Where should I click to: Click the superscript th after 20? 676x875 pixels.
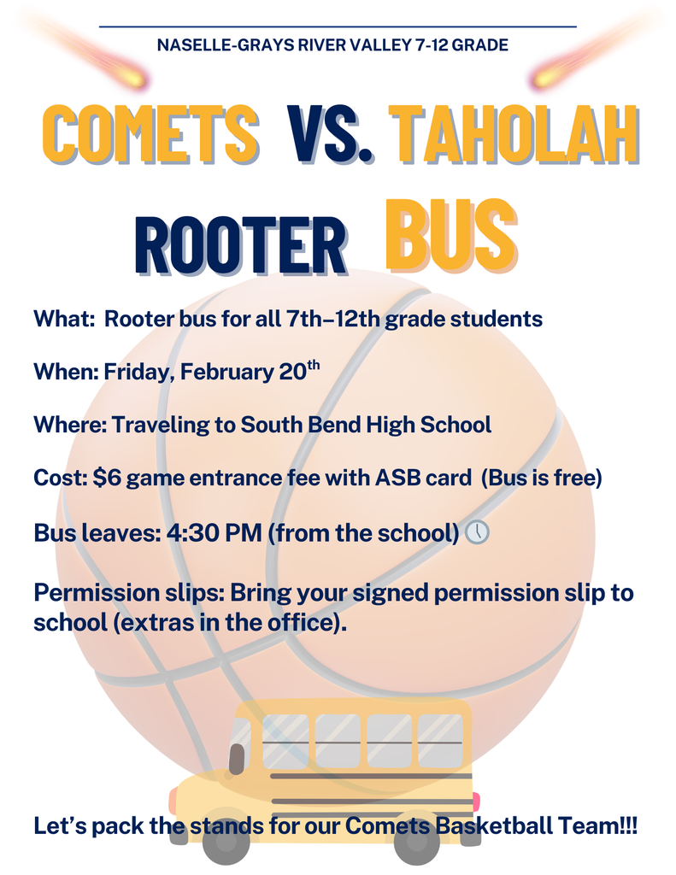[313, 366]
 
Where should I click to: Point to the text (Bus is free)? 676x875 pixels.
[542, 479]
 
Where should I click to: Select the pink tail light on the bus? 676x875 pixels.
[475, 802]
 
